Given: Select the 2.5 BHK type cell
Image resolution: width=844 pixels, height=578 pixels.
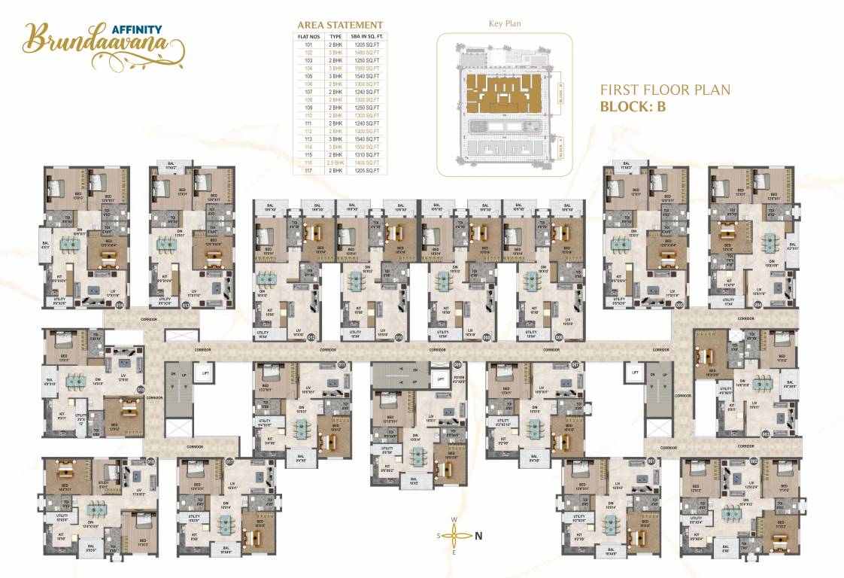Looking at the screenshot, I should point(336,163).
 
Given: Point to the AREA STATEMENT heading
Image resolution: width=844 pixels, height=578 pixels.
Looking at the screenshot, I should point(340,25).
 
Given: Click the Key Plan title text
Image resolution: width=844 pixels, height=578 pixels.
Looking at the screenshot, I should point(505,23).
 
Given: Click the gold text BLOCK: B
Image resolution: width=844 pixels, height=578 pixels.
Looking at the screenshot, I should point(633,107).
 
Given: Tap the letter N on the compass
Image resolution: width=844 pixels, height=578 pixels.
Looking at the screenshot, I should point(478,536).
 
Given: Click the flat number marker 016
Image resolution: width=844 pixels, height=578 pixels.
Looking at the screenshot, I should point(151,462).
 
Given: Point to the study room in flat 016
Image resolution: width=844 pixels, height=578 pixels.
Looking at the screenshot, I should point(105,485).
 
